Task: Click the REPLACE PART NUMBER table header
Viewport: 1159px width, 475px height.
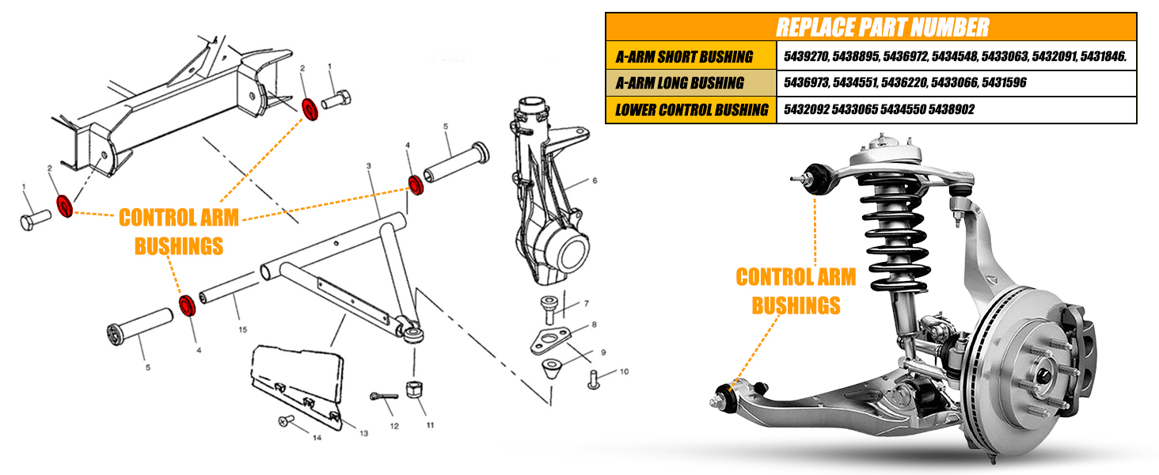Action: click(x=871, y=27)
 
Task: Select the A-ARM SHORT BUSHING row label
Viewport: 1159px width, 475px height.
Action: click(x=684, y=56)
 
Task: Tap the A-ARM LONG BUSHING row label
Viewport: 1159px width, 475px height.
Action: click(x=679, y=82)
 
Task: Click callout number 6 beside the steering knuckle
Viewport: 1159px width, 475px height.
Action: click(x=594, y=180)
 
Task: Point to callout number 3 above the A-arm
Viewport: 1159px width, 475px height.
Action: click(x=369, y=165)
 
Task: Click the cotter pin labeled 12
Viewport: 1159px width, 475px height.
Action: click(x=378, y=396)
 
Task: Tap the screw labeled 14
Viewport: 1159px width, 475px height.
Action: click(x=286, y=422)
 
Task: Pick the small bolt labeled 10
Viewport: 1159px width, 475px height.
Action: click(x=593, y=380)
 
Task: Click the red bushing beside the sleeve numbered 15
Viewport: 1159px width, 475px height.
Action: click(x=188, y=306)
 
